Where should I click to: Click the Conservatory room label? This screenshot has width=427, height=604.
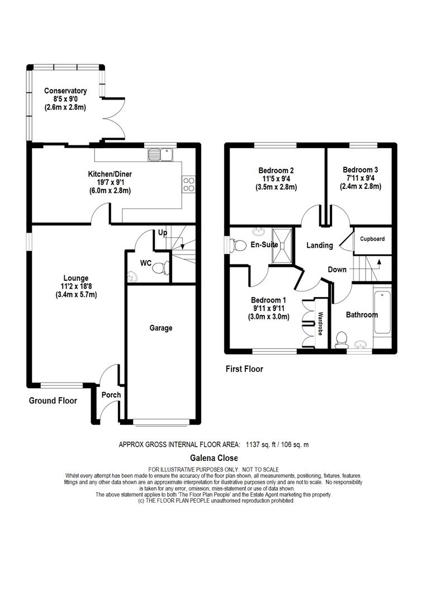(65, 91)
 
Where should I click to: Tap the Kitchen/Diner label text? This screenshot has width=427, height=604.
(110, 174)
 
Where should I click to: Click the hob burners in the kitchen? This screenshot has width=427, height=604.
(188, 184)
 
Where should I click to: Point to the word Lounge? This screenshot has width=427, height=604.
(75, 278)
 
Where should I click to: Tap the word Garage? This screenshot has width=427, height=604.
(160, 328)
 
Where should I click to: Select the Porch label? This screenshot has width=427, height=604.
(111, 395)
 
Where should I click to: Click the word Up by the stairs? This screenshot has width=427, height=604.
(162, 233)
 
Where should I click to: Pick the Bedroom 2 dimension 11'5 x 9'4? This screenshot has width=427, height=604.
(277, 179)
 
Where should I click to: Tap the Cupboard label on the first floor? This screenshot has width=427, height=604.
(372, 239)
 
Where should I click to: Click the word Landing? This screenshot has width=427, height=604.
(320, 245)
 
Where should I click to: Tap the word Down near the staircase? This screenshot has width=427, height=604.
(337, 270)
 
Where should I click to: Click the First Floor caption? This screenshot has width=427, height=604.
(244, 369)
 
